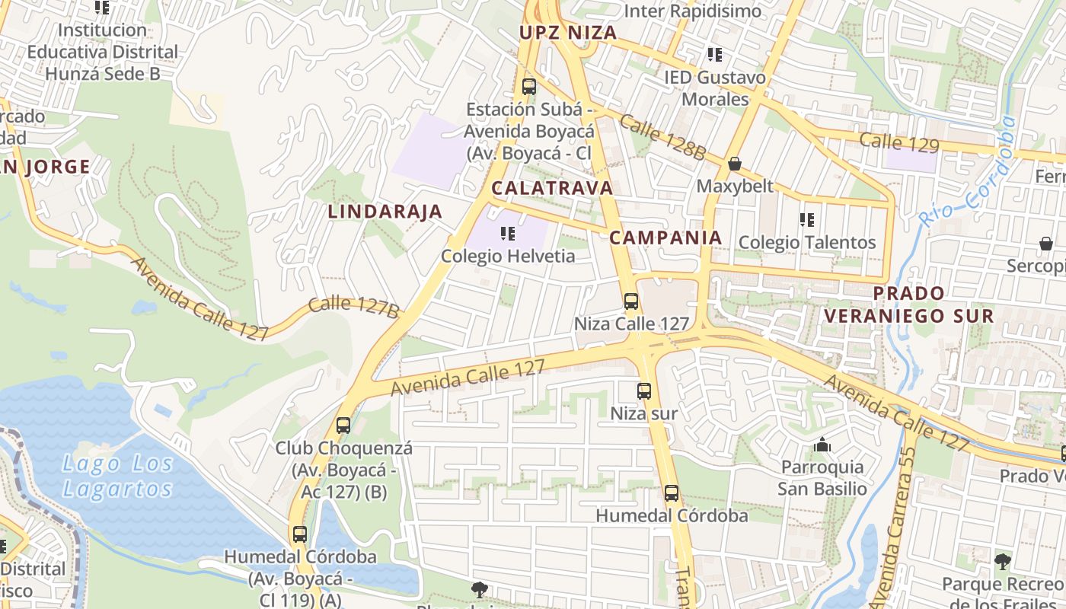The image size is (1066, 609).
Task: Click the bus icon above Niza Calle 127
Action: pyautogui.click(x=630, y=301)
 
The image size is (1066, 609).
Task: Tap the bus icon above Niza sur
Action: pyautogui.click(x=644, y=391)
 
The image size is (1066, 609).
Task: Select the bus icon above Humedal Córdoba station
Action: pyautogui.click(x=671, y=493)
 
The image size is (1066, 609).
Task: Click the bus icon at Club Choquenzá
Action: pyautogui.click(x=343, y=425)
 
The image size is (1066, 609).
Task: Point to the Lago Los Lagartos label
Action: pyautogui.click(x=117, y=476)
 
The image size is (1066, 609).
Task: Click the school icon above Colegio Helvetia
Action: pyautogui.click(x=508, y=234)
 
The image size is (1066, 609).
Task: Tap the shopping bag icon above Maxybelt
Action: pyautogui.click(x=735, y=164)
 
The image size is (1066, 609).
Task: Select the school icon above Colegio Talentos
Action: pyautogui.click(x=807, y=220)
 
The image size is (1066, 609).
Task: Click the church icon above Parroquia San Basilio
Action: pyautogui.click(x=822, y=445)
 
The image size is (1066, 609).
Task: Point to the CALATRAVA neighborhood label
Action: pyautogui.click(x=552, y=188)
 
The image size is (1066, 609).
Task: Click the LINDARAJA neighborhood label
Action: pyautogui.click(x=385, y=212)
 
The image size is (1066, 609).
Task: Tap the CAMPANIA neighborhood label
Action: pyautogui.click(x=665, y=238)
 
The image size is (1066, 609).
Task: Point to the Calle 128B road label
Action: pyautogui.click(x=662, y=137)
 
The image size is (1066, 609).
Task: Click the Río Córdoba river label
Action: pyautogui.click(x=968, y=171)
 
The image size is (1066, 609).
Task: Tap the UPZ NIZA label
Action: pyautogui.click(x=567, y=33)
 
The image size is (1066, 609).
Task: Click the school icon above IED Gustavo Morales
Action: pyautogui.click(x=714, y=54)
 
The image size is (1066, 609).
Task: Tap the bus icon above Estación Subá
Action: pyautogui.click(x=529, y=86)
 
